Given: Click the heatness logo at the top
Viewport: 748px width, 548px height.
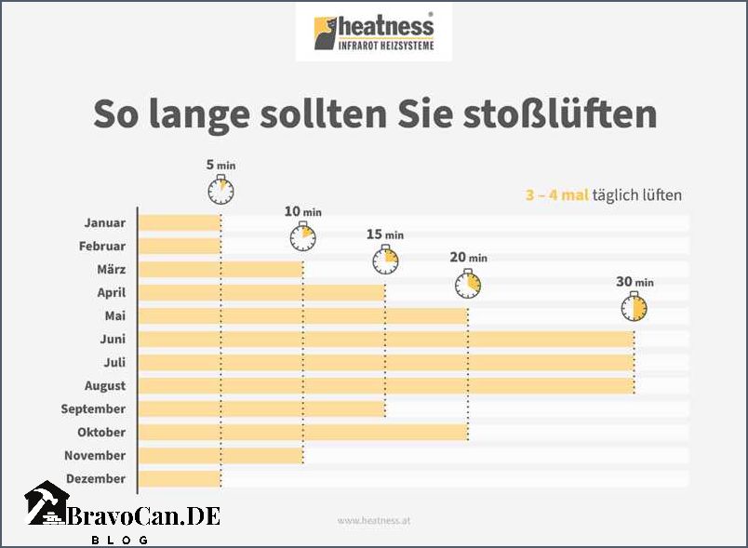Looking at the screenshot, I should click(374, 33).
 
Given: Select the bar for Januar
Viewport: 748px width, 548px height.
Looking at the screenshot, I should click(180, 223).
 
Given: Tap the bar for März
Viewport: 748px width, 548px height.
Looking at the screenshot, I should click(220, 270).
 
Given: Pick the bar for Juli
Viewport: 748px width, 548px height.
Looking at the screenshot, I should click(386, 363).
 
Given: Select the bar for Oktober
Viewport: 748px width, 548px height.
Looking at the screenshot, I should click(302, 433).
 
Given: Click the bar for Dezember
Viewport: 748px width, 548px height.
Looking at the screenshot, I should click(180, 479).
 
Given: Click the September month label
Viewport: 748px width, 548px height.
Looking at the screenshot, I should click(93, 409).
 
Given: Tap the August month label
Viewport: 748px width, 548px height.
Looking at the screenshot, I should click(103, 386).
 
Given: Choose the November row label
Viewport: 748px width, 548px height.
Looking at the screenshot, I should click(95, 456).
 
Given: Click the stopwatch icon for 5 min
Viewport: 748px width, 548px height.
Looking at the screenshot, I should click(220, 191).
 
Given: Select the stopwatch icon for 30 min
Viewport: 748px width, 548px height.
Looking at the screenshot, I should click(634, 307).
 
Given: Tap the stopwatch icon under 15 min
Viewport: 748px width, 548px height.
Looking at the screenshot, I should click(385, 261).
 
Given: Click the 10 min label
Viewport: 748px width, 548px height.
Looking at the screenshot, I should click(302, 212).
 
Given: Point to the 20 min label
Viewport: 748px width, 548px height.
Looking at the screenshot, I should click(468, 258).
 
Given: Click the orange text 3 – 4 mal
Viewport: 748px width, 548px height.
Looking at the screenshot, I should click(556, 195).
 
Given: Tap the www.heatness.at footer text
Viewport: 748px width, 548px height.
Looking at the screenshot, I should click(374, 521).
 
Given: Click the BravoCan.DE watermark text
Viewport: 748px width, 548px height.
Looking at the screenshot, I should click(143, 516).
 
